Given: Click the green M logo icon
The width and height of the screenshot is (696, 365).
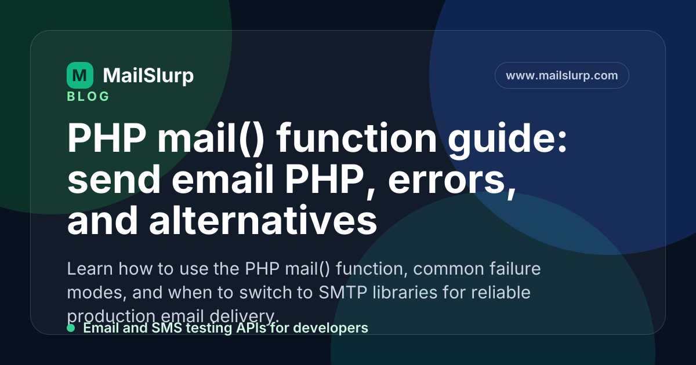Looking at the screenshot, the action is pos(80,75).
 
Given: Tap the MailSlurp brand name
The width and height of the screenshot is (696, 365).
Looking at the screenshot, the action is pos(148,75).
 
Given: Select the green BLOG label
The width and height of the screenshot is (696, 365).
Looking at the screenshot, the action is pos(88,96).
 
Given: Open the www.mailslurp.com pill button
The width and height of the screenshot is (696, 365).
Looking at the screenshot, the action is pos(562,75).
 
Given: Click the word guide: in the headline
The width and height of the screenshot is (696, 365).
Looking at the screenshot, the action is pos(507,138).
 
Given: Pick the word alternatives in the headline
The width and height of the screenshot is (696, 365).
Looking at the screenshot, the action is pos(263,220).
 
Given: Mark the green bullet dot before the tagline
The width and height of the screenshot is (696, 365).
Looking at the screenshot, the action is pos(71,328).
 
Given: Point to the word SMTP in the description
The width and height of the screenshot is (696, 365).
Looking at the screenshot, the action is pos(343,293).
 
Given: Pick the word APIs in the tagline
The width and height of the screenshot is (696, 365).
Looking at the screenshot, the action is pos(251,328).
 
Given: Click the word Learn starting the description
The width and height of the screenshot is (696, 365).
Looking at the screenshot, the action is pos(90,268).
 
